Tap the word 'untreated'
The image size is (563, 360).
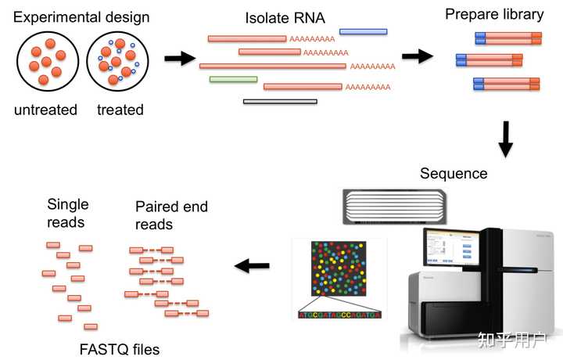click(45, 110)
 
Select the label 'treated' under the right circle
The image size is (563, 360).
click(120, 110)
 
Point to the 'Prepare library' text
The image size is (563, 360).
click(493, 14)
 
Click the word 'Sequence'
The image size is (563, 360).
click(454, 174)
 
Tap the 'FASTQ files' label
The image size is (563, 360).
click(120, 349)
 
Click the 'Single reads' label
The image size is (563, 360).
click(67, 213)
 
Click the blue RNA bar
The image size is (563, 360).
click(363, 32)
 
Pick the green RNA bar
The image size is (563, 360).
click(233, 79)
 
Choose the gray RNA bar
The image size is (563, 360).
click(280, 101)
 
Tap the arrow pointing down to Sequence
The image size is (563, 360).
click(506, 138)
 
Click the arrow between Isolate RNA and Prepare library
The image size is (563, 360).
click(418, 56)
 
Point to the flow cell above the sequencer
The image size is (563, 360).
click(394, 205)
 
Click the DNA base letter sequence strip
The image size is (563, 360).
click(339, 315)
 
